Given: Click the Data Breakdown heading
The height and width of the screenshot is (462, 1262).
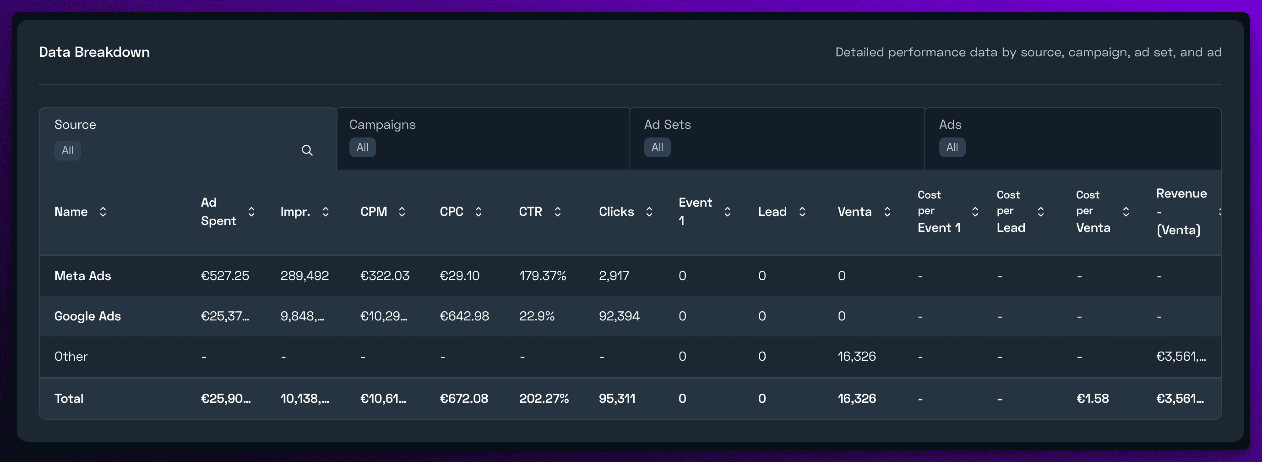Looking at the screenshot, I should coord(94,52).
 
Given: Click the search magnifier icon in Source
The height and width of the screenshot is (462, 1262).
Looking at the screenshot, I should coord(307,150).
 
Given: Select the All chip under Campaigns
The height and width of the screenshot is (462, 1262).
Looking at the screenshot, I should coord(362,147).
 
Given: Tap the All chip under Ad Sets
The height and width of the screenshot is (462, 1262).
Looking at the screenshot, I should coord(657,147).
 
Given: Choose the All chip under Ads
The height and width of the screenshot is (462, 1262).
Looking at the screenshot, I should coord(951,147).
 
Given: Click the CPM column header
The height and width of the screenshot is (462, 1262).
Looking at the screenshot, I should coord(373,211).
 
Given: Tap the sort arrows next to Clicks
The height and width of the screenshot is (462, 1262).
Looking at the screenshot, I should coord(649,211).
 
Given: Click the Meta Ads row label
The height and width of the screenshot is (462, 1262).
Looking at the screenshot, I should coord(82,276).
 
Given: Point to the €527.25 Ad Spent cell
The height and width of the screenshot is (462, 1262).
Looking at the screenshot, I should coord(225,276).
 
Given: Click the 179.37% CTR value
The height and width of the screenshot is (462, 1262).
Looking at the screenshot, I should coord(542,276).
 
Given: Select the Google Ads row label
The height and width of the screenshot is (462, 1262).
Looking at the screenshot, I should coord(87,316).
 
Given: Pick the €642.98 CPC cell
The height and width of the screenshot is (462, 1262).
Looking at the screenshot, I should coord(464,316).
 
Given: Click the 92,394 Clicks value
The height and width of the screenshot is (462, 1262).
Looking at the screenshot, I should coord(619,316).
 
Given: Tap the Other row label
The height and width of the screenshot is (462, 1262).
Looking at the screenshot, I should coord(71,356).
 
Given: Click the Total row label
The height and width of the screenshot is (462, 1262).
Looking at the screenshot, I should coord(69,398).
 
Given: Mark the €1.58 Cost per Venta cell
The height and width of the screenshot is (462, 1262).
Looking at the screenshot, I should coord(1092,398).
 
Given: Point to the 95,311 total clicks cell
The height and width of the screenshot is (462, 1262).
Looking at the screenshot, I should coord(617,398).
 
